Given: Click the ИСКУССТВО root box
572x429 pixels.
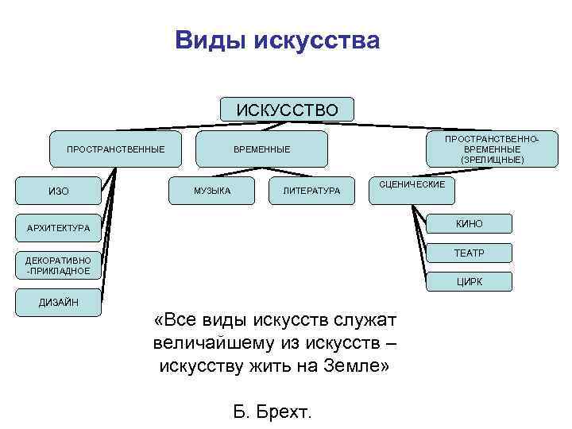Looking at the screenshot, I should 287,109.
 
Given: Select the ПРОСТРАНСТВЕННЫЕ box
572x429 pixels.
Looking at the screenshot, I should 116,149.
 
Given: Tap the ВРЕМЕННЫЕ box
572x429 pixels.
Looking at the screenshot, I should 262,149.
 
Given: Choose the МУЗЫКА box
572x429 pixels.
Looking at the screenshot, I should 212,191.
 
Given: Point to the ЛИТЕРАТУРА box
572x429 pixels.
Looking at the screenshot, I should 311,191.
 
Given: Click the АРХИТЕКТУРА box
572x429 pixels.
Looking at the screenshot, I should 59,229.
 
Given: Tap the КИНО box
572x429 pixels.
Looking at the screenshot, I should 469,224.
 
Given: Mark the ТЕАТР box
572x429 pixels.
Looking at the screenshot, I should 469,253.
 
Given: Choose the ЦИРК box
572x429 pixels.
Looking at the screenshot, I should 469,281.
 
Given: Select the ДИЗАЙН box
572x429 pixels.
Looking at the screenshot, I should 59,302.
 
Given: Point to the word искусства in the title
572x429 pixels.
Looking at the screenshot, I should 317,40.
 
